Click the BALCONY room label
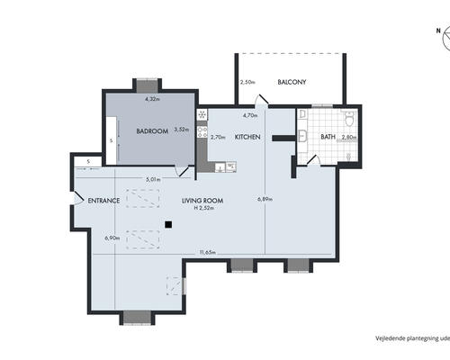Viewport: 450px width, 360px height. tap(292, 83)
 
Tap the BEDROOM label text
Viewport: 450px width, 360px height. tap(152, 131)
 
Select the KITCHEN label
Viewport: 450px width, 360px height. tap(247, 138)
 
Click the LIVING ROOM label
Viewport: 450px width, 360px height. tap(202, 200)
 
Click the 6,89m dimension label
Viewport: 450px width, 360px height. tap(264, 199)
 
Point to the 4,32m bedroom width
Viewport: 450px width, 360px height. tap(153, 100)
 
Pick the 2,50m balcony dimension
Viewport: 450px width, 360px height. tap(248, 83)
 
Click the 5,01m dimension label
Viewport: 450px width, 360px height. tap(153, 179)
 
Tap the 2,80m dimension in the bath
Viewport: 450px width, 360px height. tap(349, 138)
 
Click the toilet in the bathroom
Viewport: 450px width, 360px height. tap(349, 120)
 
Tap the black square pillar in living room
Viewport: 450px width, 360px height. tap(167, 224)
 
